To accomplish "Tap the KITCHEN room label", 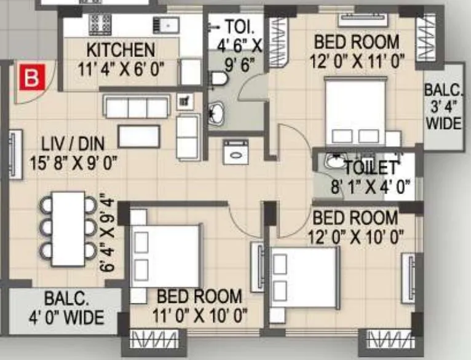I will coord(121,50).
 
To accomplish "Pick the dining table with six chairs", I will coord(68,229).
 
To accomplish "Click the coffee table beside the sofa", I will coord(139,136).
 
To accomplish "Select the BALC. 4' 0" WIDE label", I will coord(66,308).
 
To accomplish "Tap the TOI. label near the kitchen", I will coord(236,28).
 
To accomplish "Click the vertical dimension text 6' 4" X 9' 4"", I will coord(110,233).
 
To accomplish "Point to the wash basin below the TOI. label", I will coord(216,113).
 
